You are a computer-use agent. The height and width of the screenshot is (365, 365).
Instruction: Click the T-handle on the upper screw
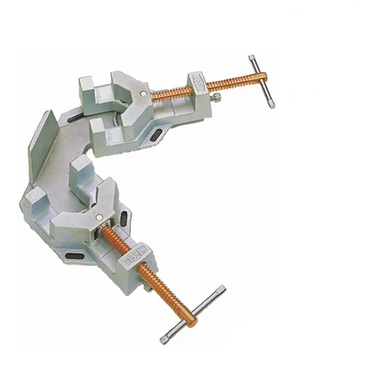[x=261, y=81]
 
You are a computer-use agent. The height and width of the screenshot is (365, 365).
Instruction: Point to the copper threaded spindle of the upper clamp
[x=224, y=85]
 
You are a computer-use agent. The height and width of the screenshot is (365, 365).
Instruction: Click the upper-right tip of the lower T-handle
[x=222, y=289]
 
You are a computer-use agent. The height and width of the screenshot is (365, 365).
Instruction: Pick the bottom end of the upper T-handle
[x=272, y=104]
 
